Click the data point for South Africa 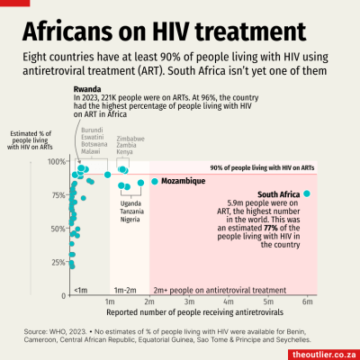point(307,193)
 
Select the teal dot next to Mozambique point(155,181)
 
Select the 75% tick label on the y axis point(57,195)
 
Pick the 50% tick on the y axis point(57,229)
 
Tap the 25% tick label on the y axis point(57,263)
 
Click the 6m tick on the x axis point(306,301)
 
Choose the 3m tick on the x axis point(188,301)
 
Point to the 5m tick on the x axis point(267,301)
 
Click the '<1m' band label point(80,290)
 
